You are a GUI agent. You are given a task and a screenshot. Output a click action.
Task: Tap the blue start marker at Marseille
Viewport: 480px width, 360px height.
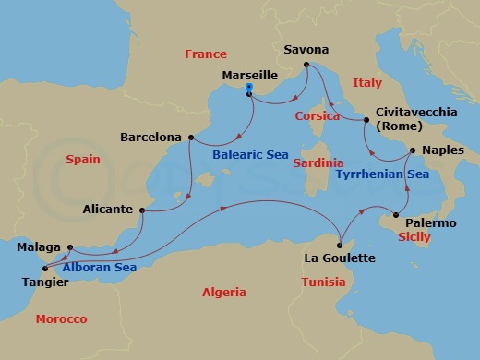pos(249,90)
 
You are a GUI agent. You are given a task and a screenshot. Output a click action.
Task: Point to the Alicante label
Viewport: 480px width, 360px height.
pos(107,209)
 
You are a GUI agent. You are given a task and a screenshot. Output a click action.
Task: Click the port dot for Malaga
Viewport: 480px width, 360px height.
pos(68,247)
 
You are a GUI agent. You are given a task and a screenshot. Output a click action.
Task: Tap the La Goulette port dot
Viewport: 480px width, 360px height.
pos(341,244)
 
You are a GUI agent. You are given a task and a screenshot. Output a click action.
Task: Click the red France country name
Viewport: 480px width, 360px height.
pos(205,54)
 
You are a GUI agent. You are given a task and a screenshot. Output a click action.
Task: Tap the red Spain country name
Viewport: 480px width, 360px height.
pos(82,160)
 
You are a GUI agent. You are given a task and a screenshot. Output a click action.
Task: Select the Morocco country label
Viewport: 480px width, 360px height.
pos(61,318)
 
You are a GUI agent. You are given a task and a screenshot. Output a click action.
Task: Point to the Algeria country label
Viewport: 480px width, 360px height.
pos(224,292)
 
